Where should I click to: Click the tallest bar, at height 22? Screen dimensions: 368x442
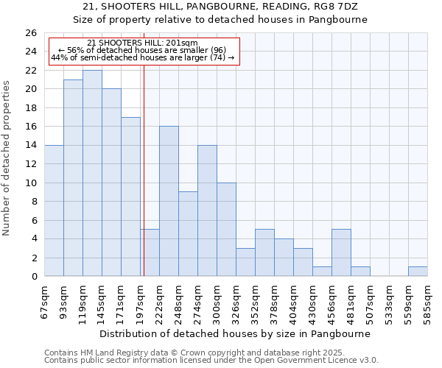point(92,173)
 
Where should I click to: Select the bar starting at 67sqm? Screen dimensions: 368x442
point(54,210)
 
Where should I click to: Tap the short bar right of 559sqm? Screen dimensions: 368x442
point(418,271)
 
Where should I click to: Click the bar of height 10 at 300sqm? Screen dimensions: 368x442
point(226,229)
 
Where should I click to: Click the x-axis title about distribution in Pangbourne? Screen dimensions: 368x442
point(234,333)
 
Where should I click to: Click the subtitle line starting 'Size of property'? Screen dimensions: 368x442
point(220,19)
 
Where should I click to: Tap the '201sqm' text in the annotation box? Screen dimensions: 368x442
point(181,43)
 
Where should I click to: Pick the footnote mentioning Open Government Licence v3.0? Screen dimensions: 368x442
point(211,360)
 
